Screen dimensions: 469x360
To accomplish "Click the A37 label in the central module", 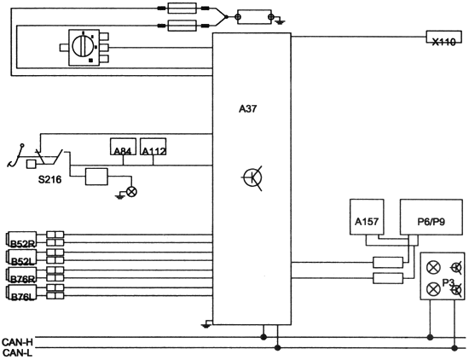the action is tap(247, 109).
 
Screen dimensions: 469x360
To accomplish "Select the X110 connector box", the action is tap(444, 37).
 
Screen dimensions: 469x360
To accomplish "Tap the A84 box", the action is tap(124, 147).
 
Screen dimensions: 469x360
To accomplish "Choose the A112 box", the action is tap(153, 147).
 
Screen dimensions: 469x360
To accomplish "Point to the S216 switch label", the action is tap(49, 179).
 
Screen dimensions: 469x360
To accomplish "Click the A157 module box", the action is tap(367, 217).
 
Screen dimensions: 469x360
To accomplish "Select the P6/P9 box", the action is tap(431, 217).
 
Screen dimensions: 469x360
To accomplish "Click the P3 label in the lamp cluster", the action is tap(449, 282).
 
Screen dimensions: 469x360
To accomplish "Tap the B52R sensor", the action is tap(21, 240).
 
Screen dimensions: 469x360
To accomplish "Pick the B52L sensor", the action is tap(21, 258).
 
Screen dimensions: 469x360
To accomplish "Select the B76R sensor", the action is tap(21, 275).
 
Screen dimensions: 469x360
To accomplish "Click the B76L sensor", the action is tap(21, 293).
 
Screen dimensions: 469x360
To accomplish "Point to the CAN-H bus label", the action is tap(17, 342).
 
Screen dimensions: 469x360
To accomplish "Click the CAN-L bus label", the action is tap(17, 352).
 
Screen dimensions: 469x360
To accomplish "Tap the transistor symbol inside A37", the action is tap(252, 177).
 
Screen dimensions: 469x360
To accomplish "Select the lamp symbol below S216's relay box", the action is tap(131, 192).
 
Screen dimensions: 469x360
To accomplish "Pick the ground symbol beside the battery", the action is tap(280, 21).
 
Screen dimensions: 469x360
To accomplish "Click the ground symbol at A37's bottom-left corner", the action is tap(206, 325).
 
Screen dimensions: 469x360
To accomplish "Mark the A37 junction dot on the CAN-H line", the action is tap(263, 337).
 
